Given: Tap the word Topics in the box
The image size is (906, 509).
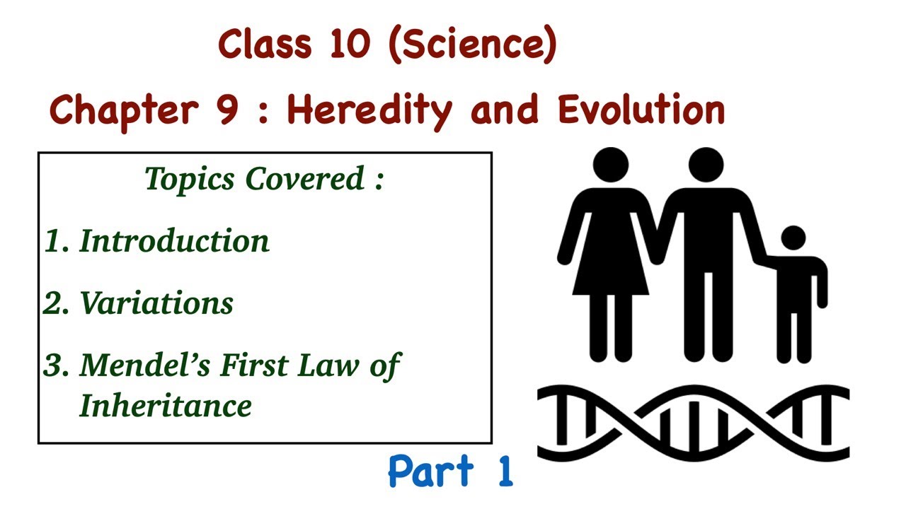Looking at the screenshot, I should [190, 179].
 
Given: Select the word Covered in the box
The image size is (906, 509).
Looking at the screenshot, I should [305, 178].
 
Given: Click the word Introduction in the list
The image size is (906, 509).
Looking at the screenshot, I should [174, 240].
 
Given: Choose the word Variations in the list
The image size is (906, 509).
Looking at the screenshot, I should [156, 303].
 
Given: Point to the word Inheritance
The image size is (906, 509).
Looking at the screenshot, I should [166, 405].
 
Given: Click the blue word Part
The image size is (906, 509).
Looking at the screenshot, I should [431, 471].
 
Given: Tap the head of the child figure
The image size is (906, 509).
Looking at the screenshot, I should [793, 238].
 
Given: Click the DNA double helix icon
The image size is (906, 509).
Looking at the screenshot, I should [693, 423].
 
